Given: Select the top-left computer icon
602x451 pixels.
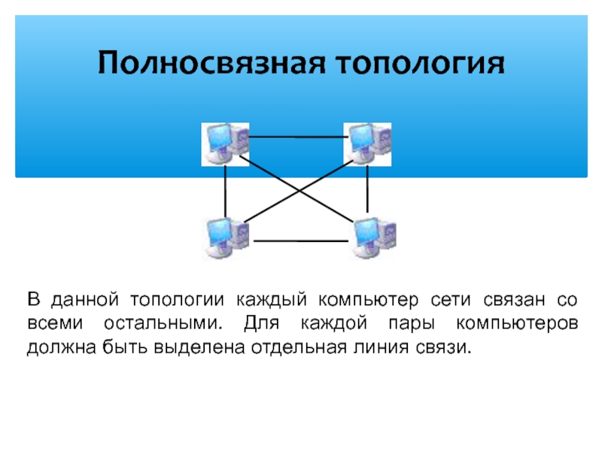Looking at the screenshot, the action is [x=225, y=143].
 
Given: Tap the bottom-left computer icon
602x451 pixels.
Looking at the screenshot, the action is [x=225, y=237].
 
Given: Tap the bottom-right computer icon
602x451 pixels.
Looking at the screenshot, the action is [x=374, y=237].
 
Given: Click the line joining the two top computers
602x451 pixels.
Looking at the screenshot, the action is [x=296, y=137].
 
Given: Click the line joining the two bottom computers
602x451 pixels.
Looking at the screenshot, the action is [x=301, y=241].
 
